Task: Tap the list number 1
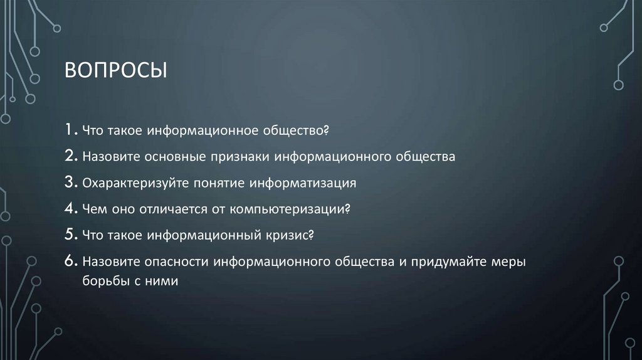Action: coord(69,130)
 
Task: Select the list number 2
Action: coord(70,156)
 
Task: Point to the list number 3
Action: coord(70,183)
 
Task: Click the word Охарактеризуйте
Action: coord(130,183)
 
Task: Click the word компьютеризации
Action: coord(292,209)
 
